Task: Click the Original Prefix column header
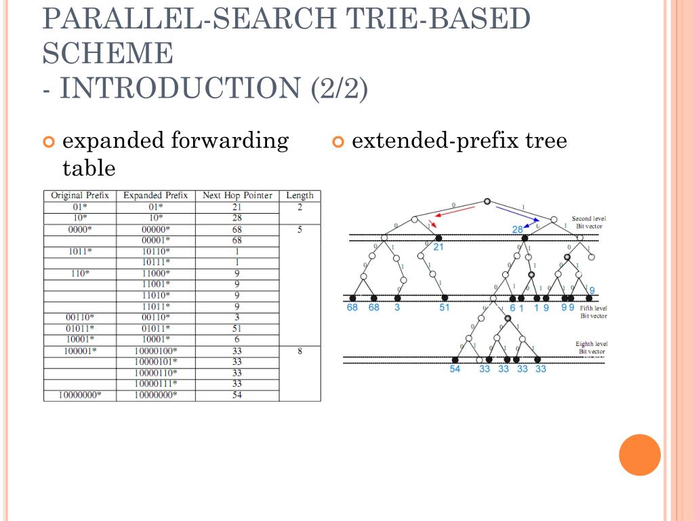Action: [x=80, y=195]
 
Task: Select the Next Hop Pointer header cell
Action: [x=237, y=195]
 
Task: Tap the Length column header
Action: [x=300, y=195]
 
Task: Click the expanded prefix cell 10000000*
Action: [x=156, y=395]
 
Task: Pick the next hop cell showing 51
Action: [x=237, y=328]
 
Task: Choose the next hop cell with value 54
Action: [x=237, y=395]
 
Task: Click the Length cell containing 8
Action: [x=300, y=351]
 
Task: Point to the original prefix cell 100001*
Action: [x=80, y=351]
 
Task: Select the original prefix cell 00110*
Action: [x=80, y=317]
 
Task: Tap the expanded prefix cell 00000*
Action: [x=156, y=229]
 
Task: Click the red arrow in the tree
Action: [x=454, y=214]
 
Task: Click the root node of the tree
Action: [x=487, y=201]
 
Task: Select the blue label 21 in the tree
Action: [x=438, y=248]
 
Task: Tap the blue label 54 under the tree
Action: [x=455, y=369]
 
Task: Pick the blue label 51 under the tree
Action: [x=445, y=308]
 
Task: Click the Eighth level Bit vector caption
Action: [x=591, y=348]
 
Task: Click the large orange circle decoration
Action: [x=640, y=455]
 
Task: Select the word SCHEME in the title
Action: [x=108, y=53]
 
